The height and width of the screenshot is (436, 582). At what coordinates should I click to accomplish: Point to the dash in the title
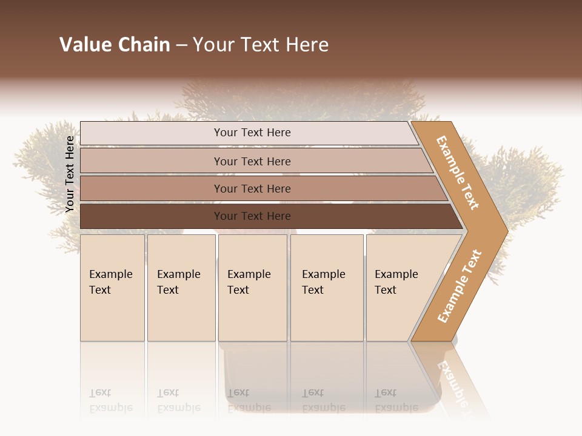[x=181, y=45]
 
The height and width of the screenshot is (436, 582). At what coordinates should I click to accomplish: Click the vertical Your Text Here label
[x=70, y=174]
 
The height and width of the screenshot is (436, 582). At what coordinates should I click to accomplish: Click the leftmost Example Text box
[x=112, y=288]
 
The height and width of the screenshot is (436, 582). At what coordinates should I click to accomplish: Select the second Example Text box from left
[x=181, y=288]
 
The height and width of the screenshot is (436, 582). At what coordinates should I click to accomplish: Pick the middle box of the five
[x=252, y=288]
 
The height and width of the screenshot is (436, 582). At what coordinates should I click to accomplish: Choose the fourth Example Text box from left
[x=327, y=288]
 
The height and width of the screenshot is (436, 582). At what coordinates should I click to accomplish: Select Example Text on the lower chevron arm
[x=460, y=286]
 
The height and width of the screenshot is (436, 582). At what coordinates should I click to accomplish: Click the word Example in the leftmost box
[x=110, y=274]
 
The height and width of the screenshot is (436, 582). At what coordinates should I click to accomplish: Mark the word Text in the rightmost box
[x=386, y=290]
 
